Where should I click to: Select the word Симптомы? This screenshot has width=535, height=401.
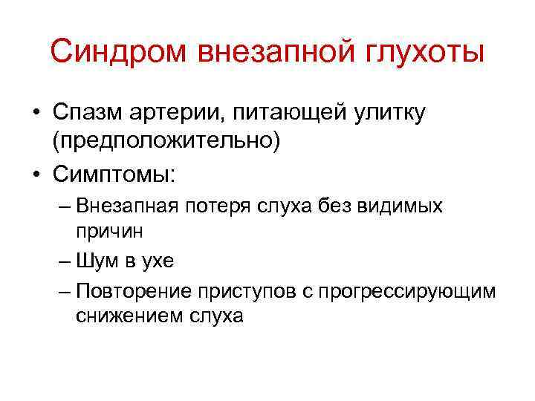point(113,175)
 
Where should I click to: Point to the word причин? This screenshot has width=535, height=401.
point(108,230)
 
